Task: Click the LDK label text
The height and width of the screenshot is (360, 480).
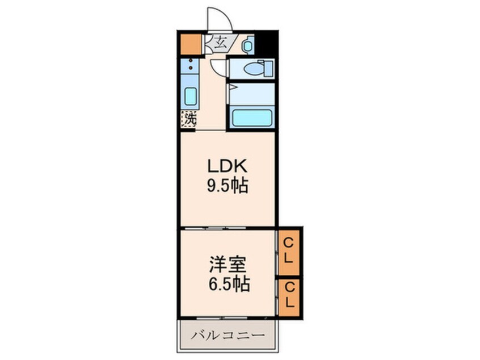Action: coord(227,167)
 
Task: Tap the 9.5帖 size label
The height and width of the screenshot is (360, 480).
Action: coord(228,186)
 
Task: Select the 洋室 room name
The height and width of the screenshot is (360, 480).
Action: coord(228,265)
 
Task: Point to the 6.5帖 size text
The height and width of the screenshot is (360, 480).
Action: coord(229,284)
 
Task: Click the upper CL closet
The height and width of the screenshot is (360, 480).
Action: coord(289,251)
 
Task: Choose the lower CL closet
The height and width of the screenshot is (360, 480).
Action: coord(289,296)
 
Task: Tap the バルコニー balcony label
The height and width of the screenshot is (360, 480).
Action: coord(228,335)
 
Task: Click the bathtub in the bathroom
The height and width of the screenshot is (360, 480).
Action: coord(252,118)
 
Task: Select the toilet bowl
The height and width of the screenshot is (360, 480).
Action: coord(252,69)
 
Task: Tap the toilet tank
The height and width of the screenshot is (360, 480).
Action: coord(268,69)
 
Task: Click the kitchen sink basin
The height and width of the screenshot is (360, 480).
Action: coord(191,96)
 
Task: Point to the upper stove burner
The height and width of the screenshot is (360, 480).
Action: coord(191,61)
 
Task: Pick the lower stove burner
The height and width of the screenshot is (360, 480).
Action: coord(191,68)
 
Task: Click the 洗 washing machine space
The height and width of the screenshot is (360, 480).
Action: coord(188,119)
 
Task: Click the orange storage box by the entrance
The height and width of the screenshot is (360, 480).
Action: coord(191,44)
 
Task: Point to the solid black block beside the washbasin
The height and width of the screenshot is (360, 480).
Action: coord(266,44)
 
